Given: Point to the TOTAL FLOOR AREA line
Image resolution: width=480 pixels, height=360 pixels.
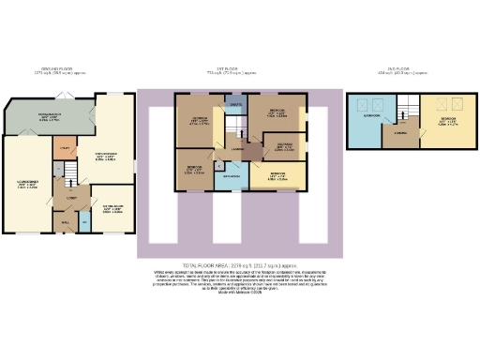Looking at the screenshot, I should (x=239, y=266).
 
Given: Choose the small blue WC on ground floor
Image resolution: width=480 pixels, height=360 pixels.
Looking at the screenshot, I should (x=84, y=221).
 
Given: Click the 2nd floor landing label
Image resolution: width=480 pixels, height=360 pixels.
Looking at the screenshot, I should (x=399, y=134).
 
